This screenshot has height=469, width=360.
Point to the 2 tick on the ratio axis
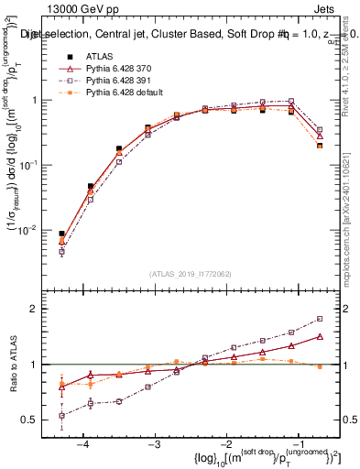44,309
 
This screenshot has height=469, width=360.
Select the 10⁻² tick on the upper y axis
38,229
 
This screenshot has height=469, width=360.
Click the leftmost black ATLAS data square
61,234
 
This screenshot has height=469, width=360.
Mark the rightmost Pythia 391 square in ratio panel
320,319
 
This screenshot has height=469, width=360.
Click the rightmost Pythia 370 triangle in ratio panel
320,336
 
